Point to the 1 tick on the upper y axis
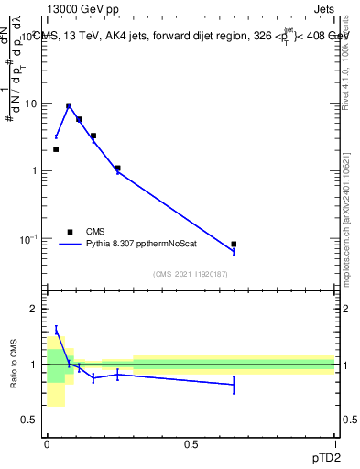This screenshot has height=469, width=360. click(x=38, y=171)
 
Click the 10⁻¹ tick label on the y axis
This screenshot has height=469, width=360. click(x=32, y=239)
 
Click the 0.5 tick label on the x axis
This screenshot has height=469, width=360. click(x=191, y=442)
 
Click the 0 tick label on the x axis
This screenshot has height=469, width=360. click(x=47, y=442)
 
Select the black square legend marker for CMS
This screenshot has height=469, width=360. click(x=70, y=232)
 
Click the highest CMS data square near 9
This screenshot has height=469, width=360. click(x=69, y=106)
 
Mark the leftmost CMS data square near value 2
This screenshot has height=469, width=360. click(x=56, y=149)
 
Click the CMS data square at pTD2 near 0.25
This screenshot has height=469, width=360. click(x=117, y=169)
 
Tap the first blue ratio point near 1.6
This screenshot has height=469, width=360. click(x=56, y=331)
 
